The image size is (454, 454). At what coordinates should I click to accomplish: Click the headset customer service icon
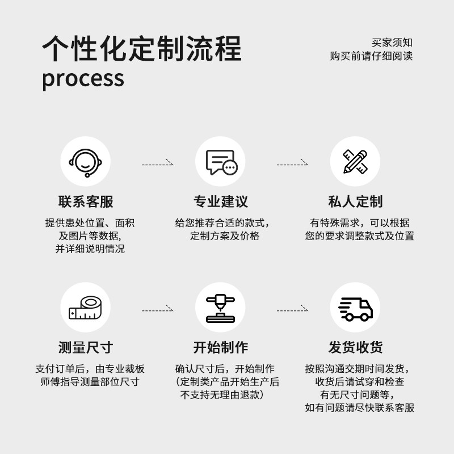86,162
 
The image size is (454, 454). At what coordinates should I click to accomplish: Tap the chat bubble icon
221,162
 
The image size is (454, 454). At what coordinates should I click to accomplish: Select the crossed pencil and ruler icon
356,162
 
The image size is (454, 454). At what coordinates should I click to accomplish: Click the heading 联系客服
86,201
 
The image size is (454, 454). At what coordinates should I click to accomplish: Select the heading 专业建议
221,201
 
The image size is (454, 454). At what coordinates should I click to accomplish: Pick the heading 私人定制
356,201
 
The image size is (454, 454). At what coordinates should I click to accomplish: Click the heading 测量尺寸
86,347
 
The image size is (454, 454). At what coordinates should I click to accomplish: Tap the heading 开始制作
221,347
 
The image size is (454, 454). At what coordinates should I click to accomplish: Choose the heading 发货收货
356,347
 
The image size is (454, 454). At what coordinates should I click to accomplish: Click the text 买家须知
392,43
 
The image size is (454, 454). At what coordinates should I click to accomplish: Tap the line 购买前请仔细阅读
371,56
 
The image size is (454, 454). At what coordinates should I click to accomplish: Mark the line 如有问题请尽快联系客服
360,407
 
